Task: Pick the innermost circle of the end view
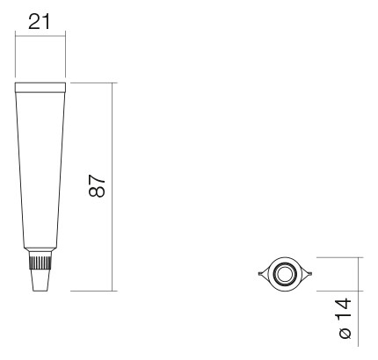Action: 285,274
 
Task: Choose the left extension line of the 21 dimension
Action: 16,53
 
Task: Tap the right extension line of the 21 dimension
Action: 66,53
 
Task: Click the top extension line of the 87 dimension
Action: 92,83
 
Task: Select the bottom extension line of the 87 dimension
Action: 92,290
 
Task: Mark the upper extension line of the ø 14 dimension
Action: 338,258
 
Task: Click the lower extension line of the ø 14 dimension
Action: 338,289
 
